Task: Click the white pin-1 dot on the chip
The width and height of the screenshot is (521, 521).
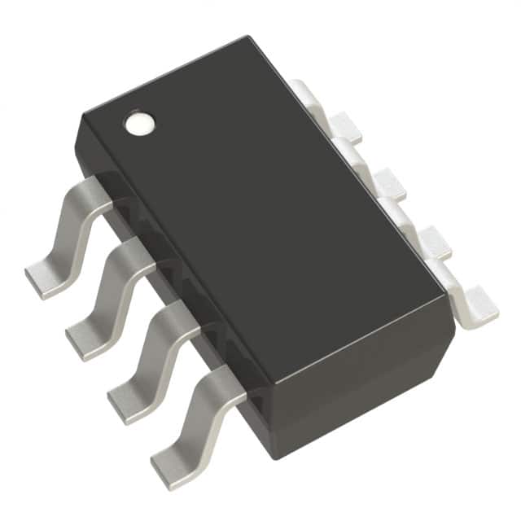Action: [138, 123]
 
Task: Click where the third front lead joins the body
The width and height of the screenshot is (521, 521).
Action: [188, 318]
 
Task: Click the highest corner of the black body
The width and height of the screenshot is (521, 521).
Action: [243, 37]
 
